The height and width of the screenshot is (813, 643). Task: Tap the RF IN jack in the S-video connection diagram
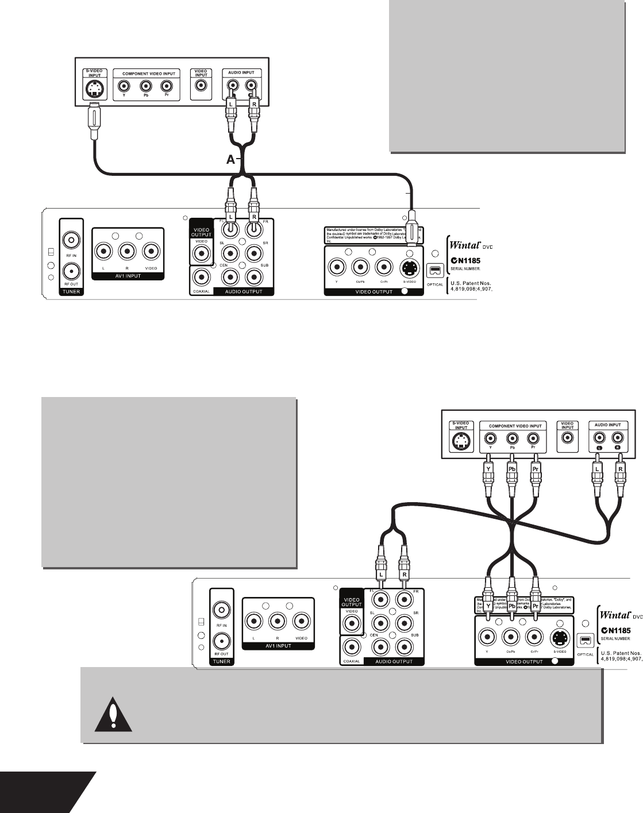pos(70,238)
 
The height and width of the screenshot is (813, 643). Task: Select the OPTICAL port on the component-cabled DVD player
pos(586,639)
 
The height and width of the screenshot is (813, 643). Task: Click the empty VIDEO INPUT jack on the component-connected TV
pos(568,438)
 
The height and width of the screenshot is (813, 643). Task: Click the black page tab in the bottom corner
pos(40,792)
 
